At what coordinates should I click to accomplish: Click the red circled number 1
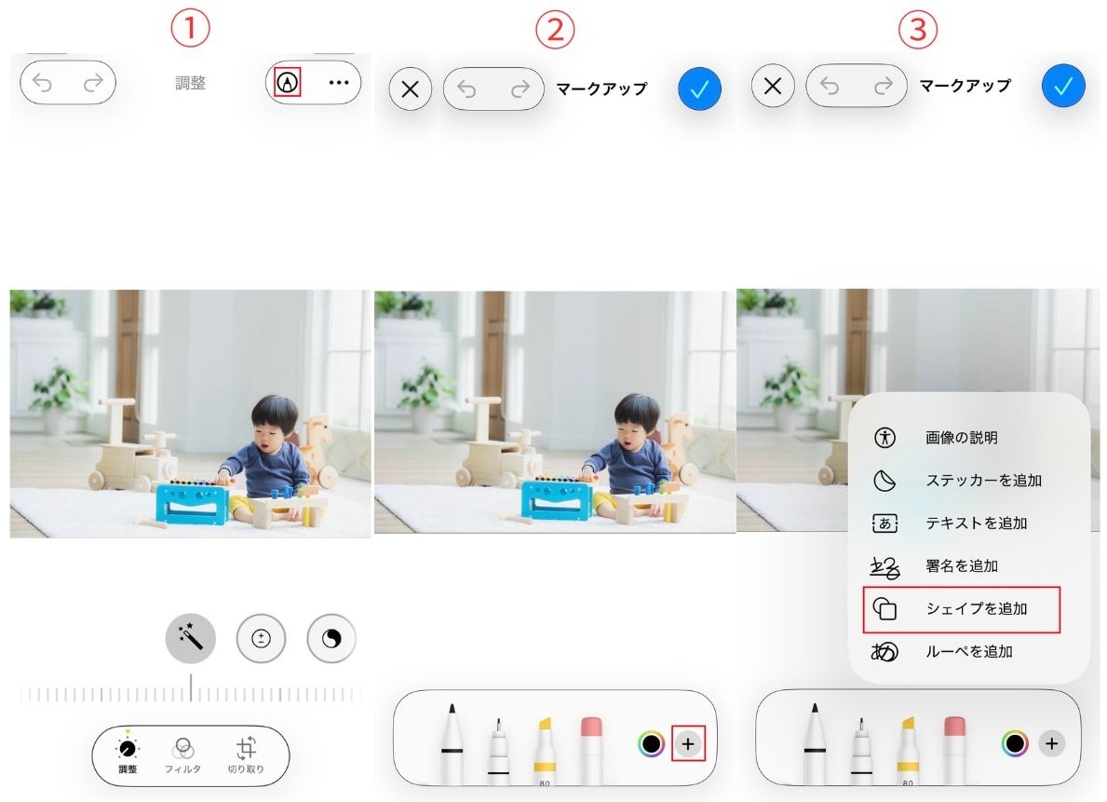191,29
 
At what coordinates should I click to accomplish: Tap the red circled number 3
917,30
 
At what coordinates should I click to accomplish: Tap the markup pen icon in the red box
289,82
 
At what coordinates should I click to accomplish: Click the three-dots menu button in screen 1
338,83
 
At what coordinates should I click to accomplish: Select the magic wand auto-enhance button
191,638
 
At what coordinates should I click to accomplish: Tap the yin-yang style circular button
331,638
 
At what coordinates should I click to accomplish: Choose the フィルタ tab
183,754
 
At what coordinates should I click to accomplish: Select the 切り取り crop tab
246,754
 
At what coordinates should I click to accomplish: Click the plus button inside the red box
688,743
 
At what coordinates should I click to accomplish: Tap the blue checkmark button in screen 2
700,88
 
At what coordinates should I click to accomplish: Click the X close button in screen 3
772,87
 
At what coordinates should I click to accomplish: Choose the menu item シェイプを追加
976,609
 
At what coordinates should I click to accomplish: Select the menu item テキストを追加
976,523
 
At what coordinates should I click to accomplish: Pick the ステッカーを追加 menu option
982,481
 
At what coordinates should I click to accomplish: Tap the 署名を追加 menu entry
962,566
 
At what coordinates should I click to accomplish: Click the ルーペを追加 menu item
968,652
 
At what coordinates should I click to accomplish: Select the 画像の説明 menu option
961,438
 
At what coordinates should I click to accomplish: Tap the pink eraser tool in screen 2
592,745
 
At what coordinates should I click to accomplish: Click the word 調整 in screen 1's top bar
191,83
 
